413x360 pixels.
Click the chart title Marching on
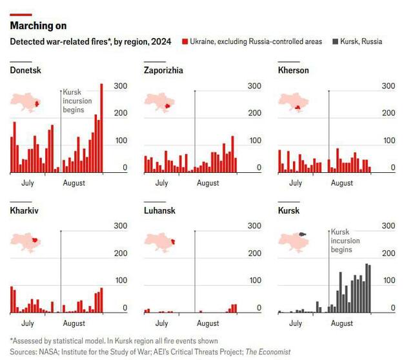click(x=38, y=26)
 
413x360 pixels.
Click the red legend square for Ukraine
click(x=185, y=41)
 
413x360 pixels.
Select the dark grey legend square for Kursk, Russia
click(x=334, y=41)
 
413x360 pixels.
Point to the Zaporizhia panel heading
click(x=163, y=70)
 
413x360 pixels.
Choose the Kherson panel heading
click(x=293, y=70)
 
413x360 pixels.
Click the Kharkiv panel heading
click(x=24, y=210)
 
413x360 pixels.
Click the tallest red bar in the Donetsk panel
click(x=101, y=129)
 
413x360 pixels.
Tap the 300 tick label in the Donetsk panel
click(x=120, y=86)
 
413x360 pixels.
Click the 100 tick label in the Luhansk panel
click(x=254, y=281)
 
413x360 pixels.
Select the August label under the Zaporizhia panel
click(x=208, y=183)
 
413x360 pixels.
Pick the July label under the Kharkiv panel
click(x=28, y=323)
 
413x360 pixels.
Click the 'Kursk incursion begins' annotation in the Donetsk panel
click(x=77, y=101)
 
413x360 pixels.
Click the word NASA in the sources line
click(x=49, y=352)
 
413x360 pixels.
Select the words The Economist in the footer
click(x=268, y=352)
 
